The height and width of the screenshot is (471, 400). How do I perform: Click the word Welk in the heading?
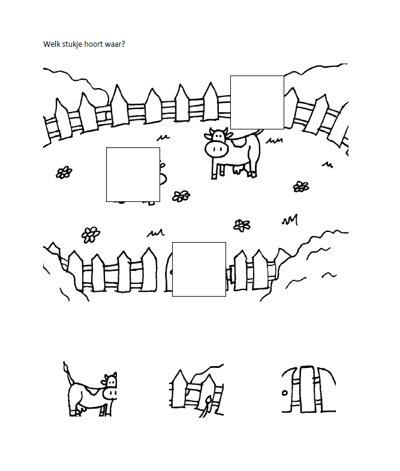pos(50,44)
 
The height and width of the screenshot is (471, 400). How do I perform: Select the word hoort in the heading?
pos(92,44)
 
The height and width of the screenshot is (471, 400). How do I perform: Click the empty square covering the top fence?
pos(257,102)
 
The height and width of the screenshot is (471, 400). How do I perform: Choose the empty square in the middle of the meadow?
pos(133,174)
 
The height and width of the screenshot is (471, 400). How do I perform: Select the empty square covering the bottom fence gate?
pos(199,269)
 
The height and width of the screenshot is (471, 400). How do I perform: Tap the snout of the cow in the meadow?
pos(216,149)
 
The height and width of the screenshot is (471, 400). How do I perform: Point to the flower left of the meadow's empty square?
pos(64,173)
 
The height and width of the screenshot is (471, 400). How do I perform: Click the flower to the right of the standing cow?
pos(301,186)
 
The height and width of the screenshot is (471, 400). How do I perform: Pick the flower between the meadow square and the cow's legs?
pos(181,196)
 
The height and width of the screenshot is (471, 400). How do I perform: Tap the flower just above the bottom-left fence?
pos(91,234)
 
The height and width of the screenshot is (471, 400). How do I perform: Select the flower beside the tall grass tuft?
pos(242,225)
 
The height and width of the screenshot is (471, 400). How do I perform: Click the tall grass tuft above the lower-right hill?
pos(290,220)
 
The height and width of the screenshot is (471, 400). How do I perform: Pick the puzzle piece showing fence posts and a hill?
pos(197,390)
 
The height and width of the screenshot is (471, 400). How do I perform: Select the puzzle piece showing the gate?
pos(309,390)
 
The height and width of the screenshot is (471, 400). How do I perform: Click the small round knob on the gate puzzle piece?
pos(285,393)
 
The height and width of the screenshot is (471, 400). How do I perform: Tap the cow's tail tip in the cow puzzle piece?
pos(64,364)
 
